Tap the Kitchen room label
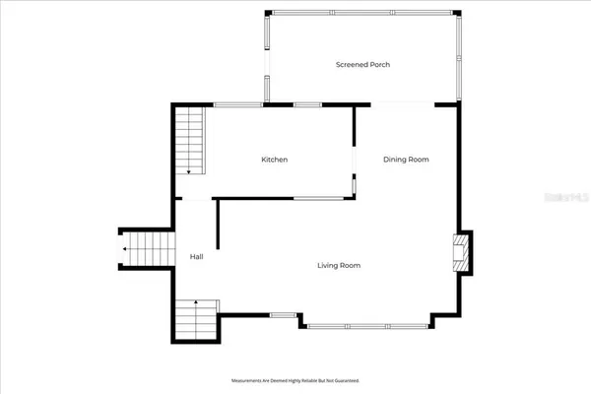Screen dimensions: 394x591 274,160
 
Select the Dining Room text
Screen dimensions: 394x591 406,160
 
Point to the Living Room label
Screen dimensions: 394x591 338,265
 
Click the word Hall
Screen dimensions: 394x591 196,257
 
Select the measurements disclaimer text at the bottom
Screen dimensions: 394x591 295,379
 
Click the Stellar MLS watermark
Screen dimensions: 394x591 563,197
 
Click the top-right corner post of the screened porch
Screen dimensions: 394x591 458,14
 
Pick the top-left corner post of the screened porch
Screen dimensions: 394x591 265,14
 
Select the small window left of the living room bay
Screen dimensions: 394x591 283,314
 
